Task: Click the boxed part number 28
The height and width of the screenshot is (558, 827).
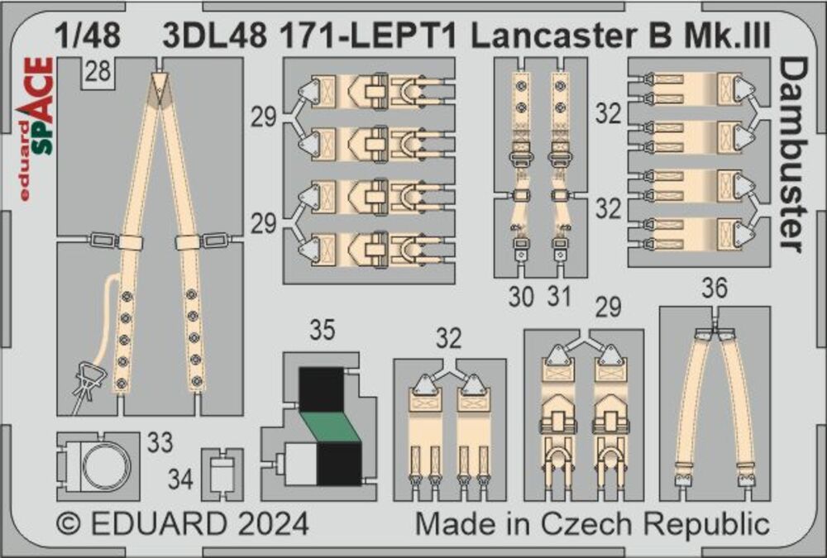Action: [98, 74]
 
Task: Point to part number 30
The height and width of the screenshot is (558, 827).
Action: [521, 296]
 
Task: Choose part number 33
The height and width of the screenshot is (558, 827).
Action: [161, 444]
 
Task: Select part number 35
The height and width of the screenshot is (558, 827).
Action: [323, 331]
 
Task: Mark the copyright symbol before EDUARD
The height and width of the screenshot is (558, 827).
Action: [72, 524]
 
